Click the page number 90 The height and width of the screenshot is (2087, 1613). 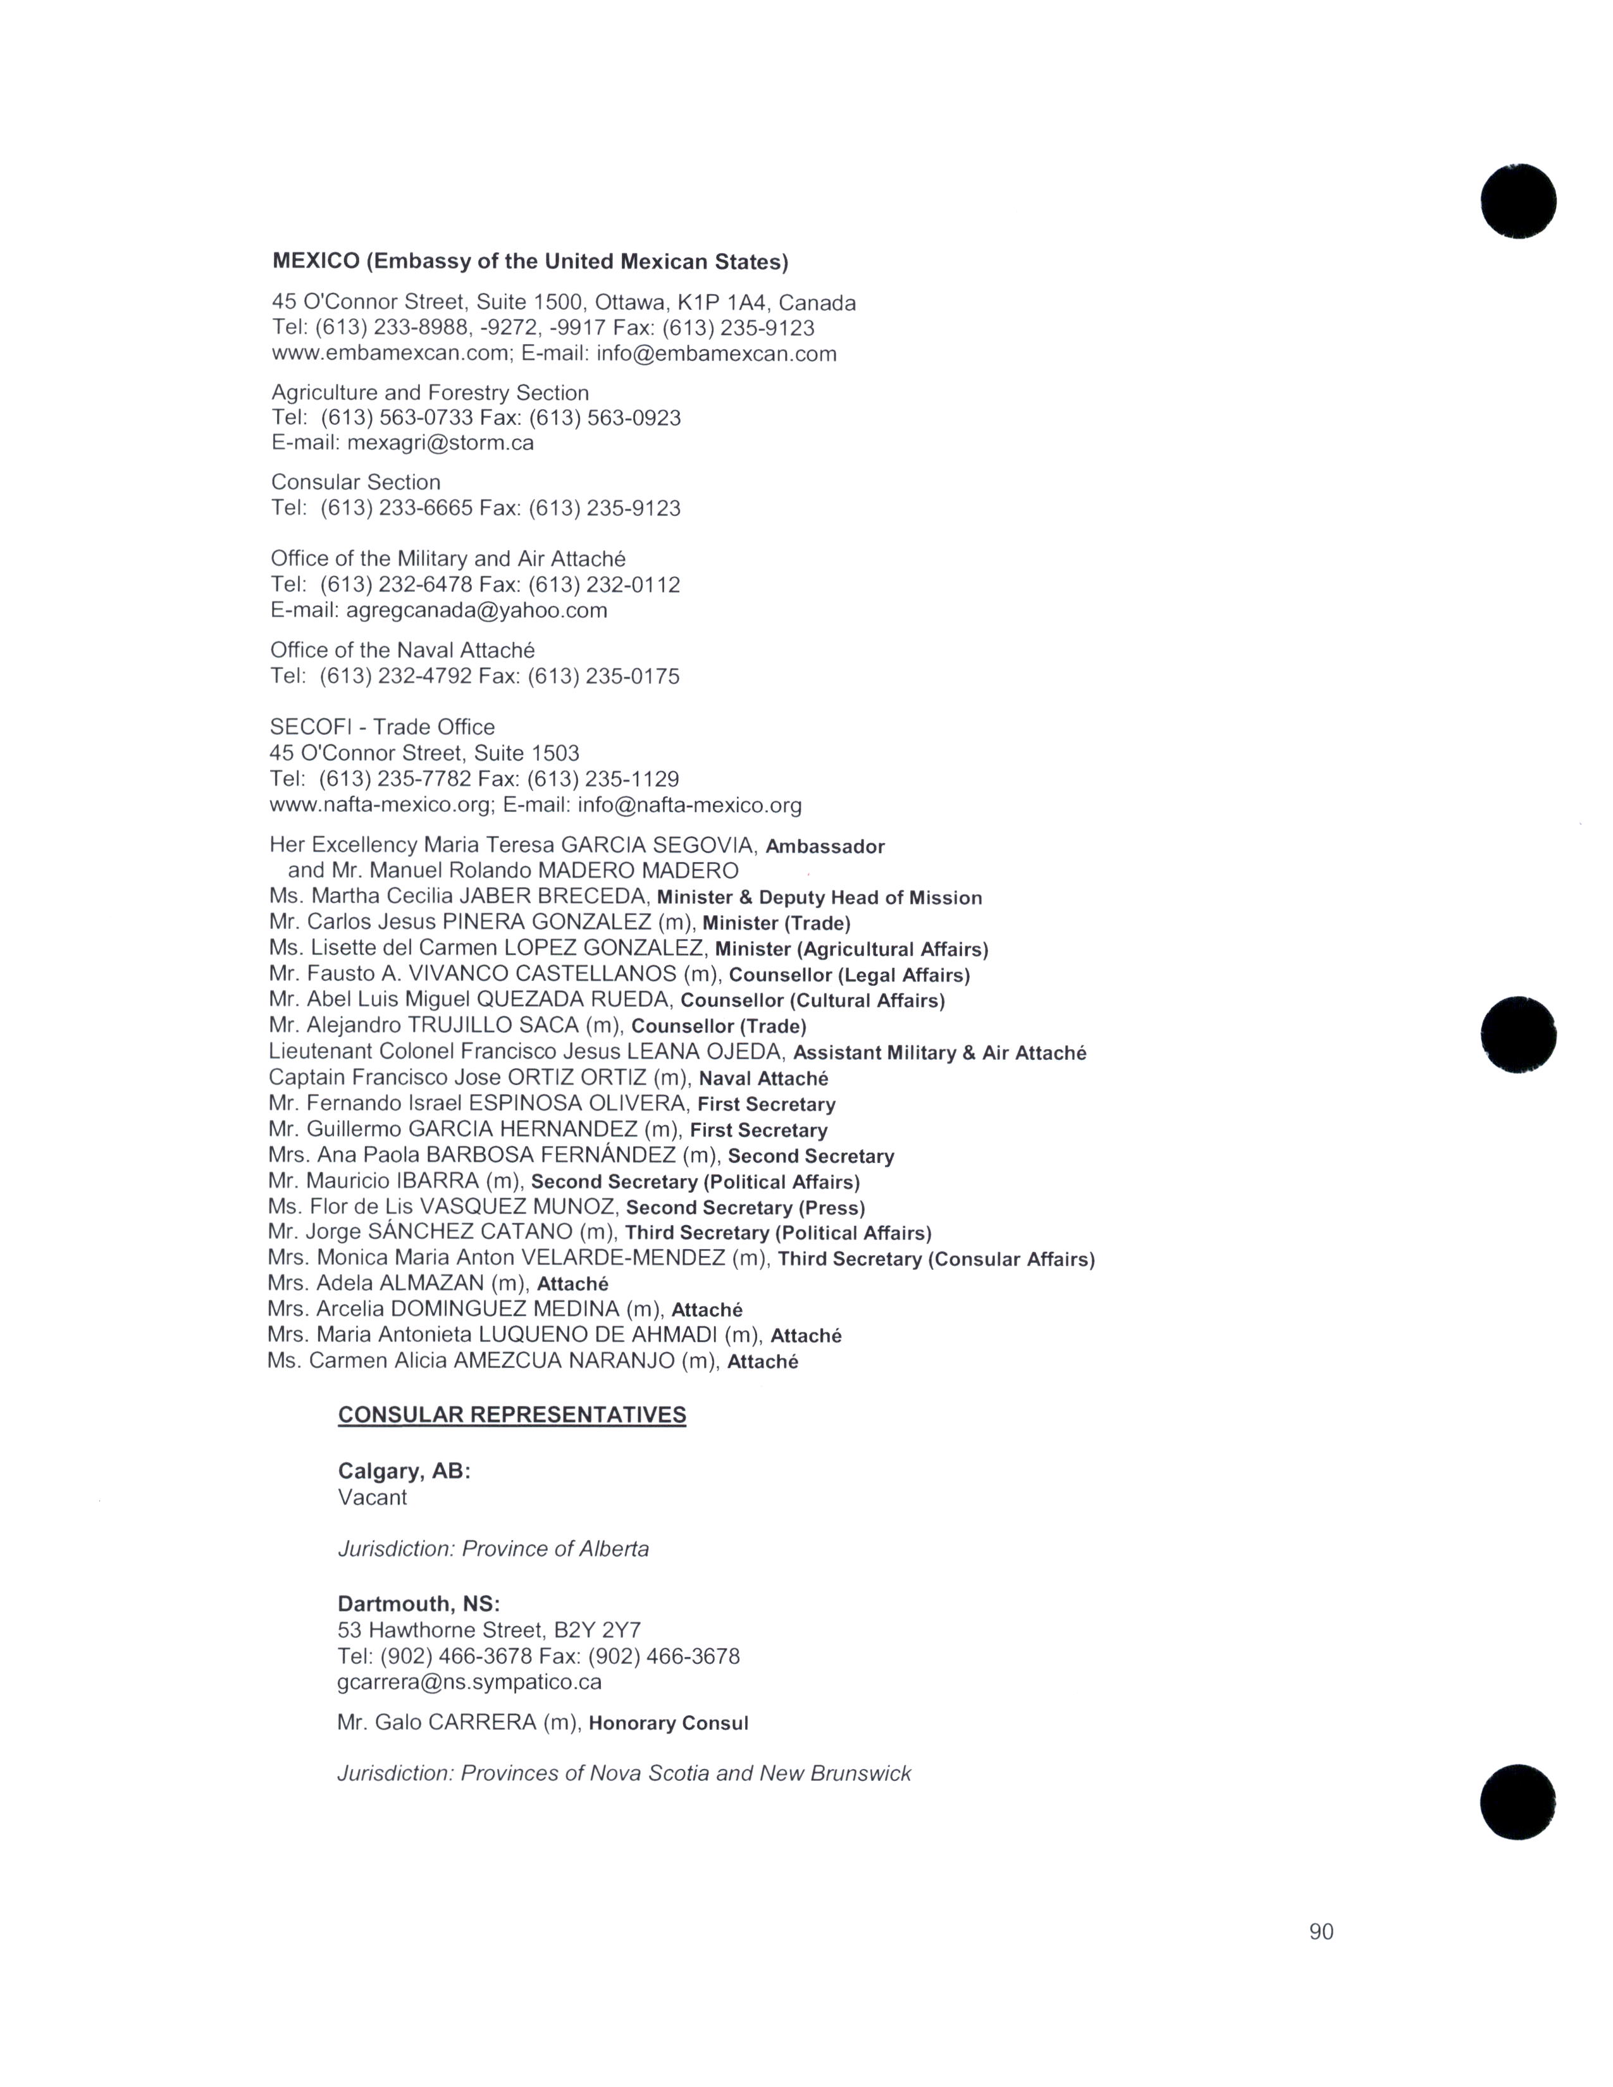tap(1321, 1931)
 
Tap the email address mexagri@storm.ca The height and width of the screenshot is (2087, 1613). tap(440, 443)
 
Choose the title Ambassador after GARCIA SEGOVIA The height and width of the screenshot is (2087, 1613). tap(825, 847)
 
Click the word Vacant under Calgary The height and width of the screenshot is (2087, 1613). tap(372, 1498)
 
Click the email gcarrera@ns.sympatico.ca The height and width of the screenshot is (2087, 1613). tap(469, 1682)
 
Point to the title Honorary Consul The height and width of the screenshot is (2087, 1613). tap(668, 1723)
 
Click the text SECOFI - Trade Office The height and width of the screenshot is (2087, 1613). tap(382, 727)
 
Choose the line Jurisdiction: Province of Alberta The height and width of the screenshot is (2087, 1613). tap(493, 1549)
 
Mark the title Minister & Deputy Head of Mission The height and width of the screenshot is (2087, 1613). tap(819, 898)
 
